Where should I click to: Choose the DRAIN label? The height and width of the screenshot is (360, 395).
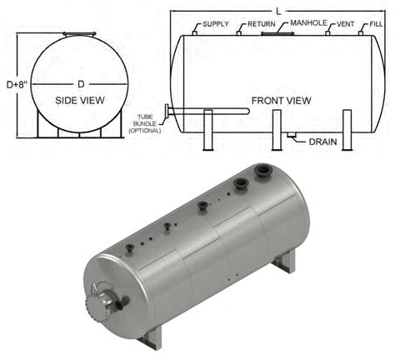tap(322, 142)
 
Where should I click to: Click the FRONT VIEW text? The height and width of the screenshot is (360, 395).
tap(281, 101)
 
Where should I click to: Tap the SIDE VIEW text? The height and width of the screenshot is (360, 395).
tap(77, 100)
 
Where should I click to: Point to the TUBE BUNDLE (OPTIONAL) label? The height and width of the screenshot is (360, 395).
tap(148, 124)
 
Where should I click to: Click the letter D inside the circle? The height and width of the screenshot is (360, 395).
tap(81, 83)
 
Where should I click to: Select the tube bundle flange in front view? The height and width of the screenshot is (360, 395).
tap(168, 112)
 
